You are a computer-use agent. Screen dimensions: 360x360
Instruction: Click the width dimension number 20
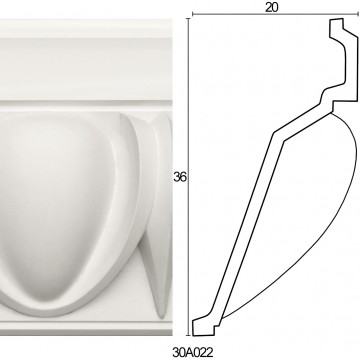[272, 7]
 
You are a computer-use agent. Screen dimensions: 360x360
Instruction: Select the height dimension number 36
[180, 177]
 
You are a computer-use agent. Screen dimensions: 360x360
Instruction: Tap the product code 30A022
[193, 352]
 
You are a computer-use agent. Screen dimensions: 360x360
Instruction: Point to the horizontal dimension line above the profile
[275, 14]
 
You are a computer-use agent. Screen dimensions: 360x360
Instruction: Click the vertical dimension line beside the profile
[189, 177]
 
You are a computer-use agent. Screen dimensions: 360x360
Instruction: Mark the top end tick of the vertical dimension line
[189, 19]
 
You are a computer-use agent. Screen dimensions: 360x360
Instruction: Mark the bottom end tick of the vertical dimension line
[189, 335]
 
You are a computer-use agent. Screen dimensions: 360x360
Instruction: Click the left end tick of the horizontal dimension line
[193, 14]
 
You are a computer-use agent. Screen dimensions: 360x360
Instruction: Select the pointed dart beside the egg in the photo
[157, 213]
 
